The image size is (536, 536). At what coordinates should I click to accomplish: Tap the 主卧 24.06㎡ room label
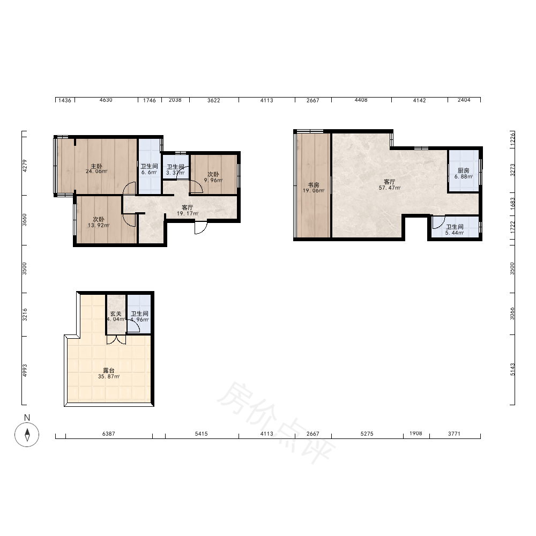(96, 169)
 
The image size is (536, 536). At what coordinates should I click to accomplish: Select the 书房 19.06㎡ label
(314, 188)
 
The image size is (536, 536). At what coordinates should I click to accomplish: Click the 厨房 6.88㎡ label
(464, 174)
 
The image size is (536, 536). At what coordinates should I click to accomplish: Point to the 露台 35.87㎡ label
(109, 373)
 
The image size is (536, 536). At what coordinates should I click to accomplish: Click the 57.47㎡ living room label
(389, 184)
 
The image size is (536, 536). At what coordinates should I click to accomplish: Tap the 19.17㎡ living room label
(187, 211)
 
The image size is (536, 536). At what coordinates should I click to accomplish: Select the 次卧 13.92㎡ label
(99, 222)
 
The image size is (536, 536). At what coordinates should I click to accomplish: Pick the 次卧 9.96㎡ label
(213, 177)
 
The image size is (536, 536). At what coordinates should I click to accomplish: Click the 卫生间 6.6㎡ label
(149, 169)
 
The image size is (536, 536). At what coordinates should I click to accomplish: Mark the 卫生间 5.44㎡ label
(455, 230)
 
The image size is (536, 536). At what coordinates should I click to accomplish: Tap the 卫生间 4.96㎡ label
(139, 317)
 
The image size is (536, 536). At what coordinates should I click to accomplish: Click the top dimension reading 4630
(106, 100)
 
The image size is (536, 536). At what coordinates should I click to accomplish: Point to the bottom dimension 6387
(109, 434)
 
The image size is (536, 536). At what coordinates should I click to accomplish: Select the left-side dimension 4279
(25, 166)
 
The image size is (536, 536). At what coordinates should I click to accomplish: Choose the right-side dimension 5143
(512, 369)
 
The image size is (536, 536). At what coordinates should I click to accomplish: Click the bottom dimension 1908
(416, 434)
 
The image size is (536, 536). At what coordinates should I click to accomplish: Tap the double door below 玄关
(116, 339)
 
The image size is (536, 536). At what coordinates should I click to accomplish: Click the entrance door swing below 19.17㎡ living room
(201, 228)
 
